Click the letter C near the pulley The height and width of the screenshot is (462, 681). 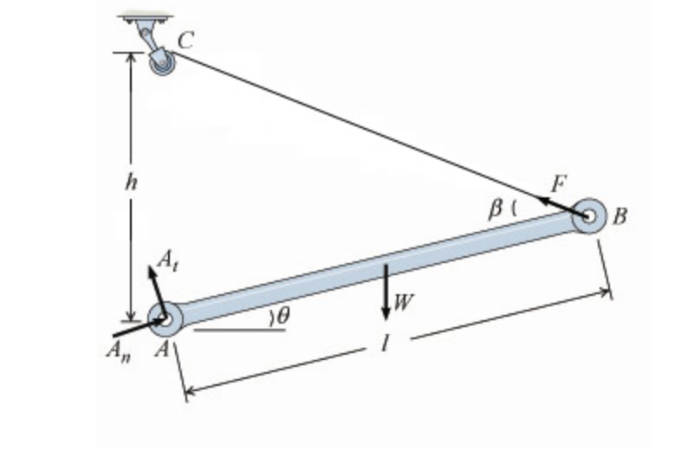pos(185,39)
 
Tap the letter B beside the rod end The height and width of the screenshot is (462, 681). pos(619,216)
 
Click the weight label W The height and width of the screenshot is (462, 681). pos(404,302)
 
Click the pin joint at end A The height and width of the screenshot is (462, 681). pos(165,318)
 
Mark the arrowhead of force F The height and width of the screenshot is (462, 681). pos(542,201)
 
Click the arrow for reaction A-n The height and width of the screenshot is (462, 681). pos(134,328)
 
